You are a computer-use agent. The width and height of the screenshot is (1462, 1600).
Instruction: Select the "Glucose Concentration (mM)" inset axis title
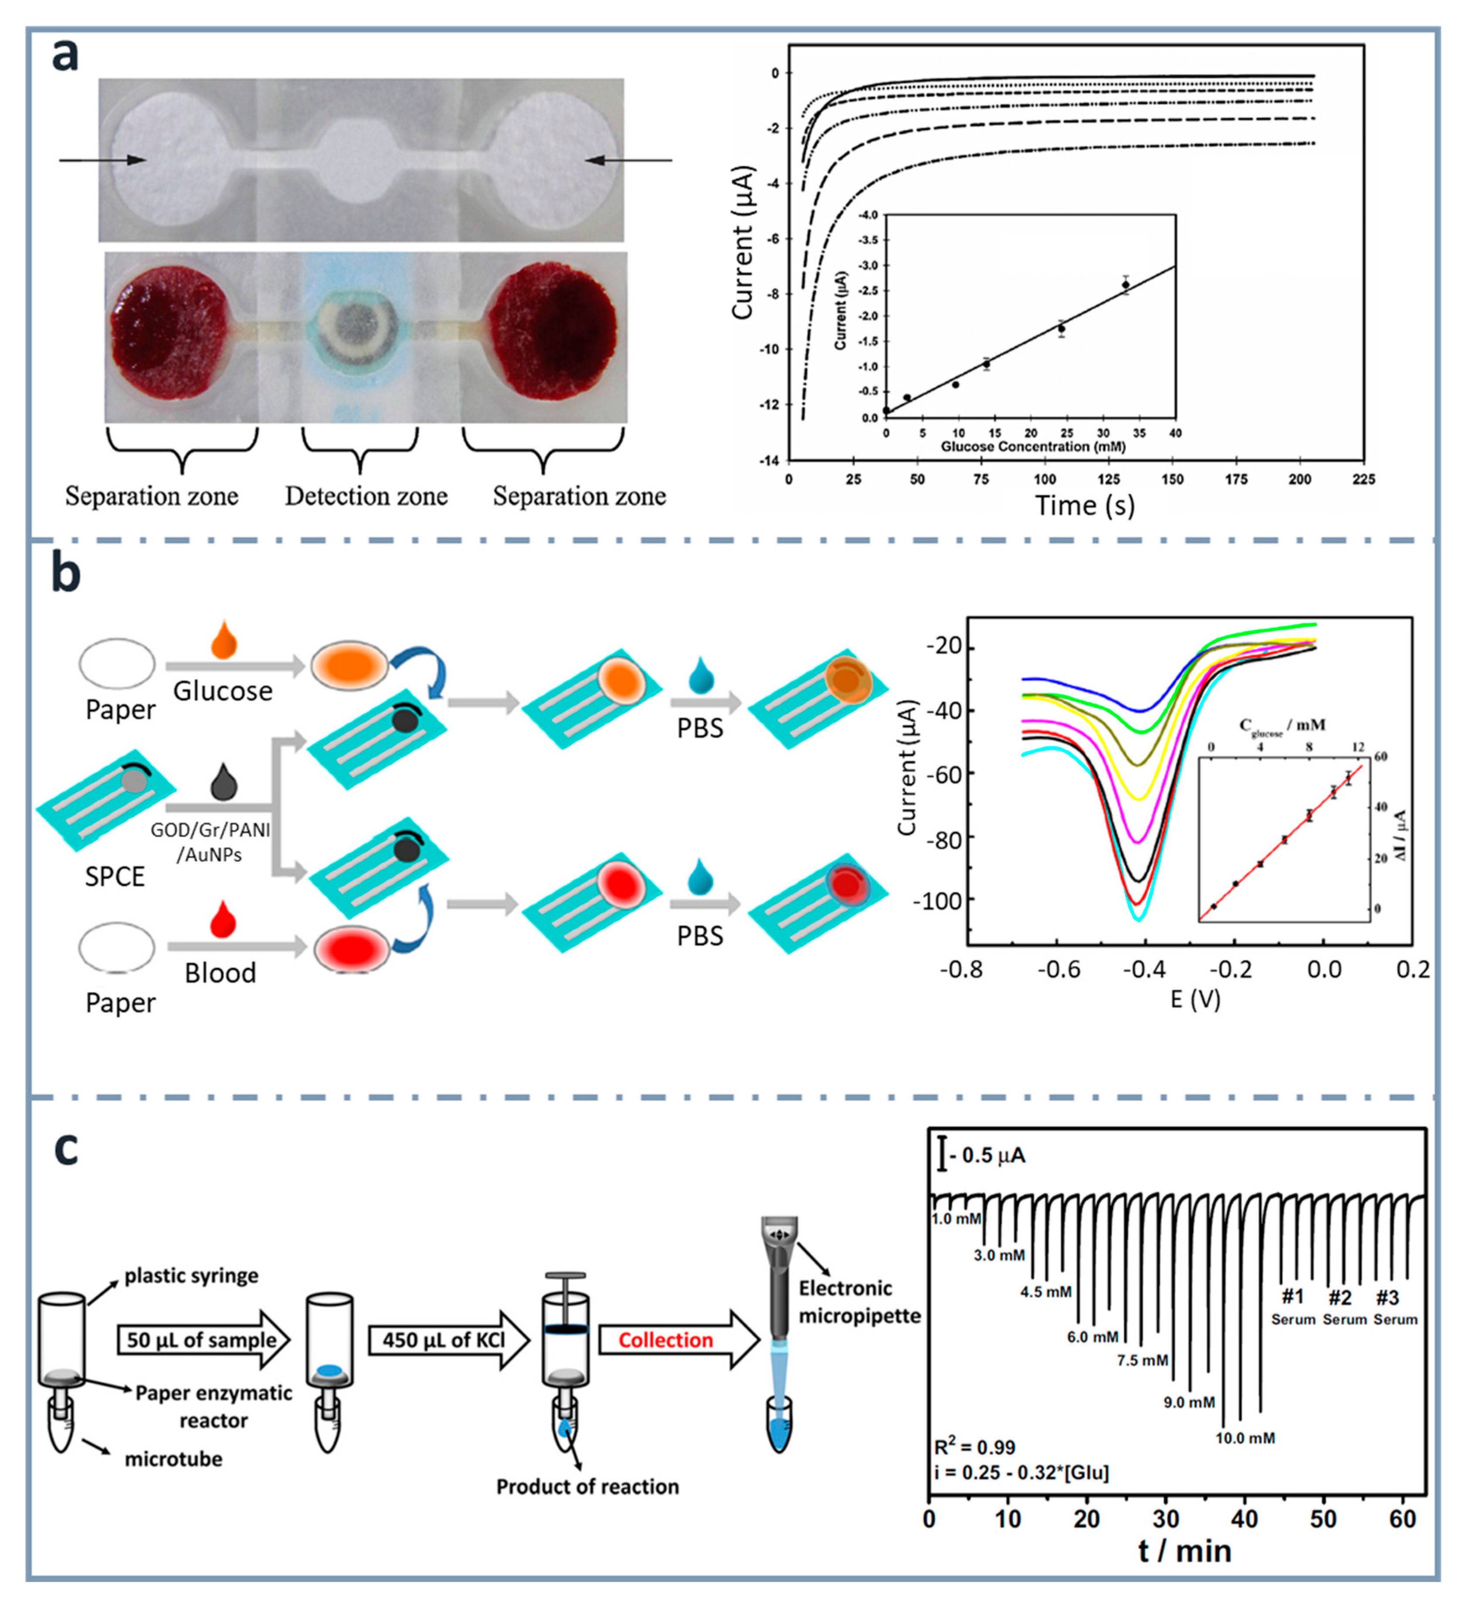pos(1033,447)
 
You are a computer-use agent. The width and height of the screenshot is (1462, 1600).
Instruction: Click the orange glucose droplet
pos(224,639)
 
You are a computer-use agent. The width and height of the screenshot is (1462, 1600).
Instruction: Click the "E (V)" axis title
pos(1194,999)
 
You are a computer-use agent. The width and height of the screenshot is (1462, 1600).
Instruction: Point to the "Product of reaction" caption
pos(587,1487)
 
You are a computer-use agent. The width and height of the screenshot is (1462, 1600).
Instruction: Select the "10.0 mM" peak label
pos(1245,1438)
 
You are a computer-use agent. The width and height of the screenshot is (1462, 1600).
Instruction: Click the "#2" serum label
pos(1340,1298)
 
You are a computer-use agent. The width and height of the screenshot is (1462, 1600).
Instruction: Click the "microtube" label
pos(173,1459)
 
